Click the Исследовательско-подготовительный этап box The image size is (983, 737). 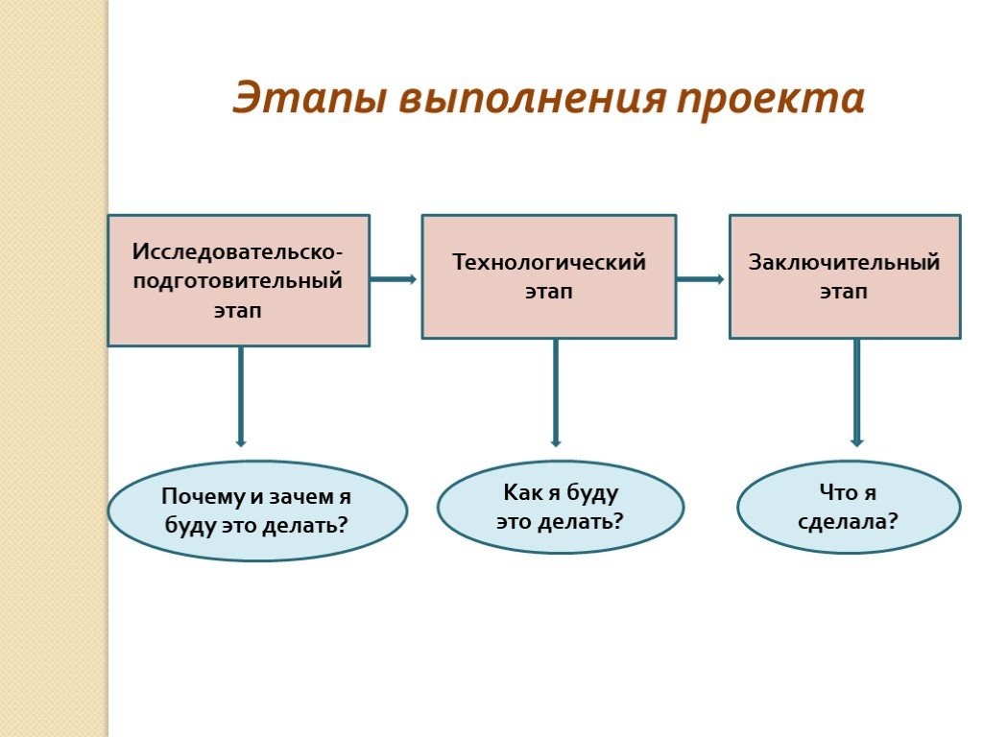[238, 279]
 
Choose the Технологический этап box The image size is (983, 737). [548, 276]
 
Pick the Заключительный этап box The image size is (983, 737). [844, 276]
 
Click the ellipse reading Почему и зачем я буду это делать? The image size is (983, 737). [256, 511]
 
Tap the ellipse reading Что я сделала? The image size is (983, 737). [848, 507]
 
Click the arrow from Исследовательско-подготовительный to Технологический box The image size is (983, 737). [394, 279]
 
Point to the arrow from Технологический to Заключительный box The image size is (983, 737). [701, 279]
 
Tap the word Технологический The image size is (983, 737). [549, 262]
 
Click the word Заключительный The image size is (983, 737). [844, 262]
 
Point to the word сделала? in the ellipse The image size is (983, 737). [848, 521]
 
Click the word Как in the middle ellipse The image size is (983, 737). [519, 492]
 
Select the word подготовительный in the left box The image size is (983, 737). [237, 282]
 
